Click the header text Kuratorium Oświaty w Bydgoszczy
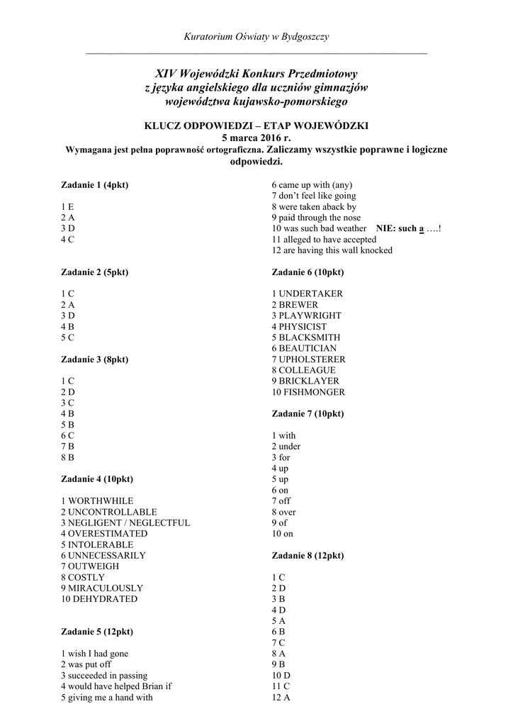pyautogui.click(x=256, y=36)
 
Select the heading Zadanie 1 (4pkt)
pyautogui.click(x=94, y=185)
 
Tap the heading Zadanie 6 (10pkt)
pyautogui.click(x=308, y=272)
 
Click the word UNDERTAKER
pyautogui.click(x=310, y=294)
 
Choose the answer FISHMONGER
pyautogui.click(x=312, y=392)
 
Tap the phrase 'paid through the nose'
pyautogui.click(x=320, y=218)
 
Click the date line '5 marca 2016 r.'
pyautogui.click(x=256, y=138)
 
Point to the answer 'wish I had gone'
pyautogui.click(x=98, y=654)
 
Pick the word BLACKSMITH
pyautogui.click(x=309, y=337)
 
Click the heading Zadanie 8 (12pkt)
pyautogui.click(x=308, y=556)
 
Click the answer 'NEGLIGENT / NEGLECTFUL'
pyautogui.click(x=129, y=523)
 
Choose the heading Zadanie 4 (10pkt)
pyautogui.click(x=96, y=479)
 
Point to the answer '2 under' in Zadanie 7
pyautogui.click(x=286, y=447)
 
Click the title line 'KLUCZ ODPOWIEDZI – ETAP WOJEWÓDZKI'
pyautogui.click(x=256, y=125)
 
